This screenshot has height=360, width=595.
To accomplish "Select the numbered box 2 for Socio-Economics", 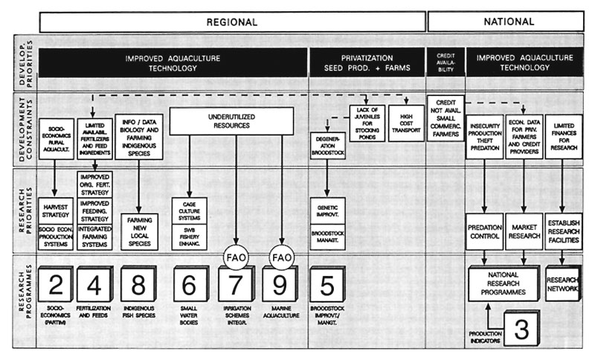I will tap(55, 285).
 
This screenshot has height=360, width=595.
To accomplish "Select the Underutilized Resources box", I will tap(233, 121).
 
